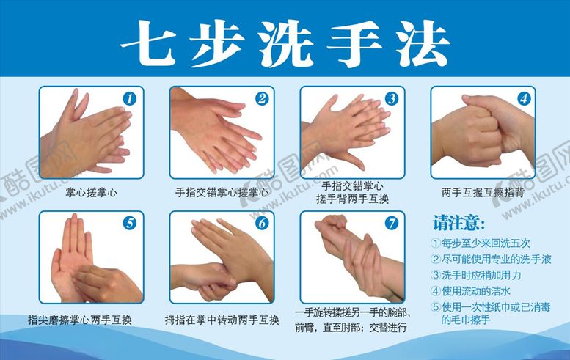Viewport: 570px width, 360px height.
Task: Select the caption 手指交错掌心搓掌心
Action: (x=222, y=194)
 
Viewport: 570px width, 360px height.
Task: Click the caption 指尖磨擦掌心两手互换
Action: (x=91, y=320)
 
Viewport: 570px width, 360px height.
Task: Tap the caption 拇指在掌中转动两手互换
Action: (x=222, y=320)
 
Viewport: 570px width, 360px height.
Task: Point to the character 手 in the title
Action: (x=351, y=41)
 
